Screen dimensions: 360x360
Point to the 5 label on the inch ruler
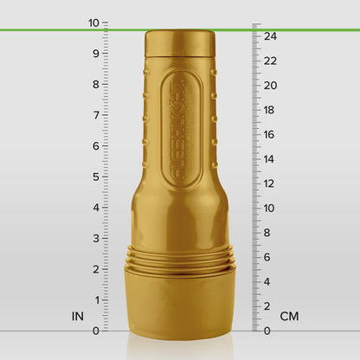95,177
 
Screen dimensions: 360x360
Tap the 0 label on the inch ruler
95,331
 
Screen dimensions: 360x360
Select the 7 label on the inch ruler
95,115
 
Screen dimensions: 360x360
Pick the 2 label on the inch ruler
95,269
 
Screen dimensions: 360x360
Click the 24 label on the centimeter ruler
270,36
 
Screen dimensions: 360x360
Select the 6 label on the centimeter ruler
267,257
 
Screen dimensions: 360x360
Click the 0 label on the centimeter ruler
267,331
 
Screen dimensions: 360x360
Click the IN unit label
78,317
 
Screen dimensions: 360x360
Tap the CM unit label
289,317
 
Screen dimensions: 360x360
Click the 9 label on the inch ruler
95,53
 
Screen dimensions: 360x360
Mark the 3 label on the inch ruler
95,238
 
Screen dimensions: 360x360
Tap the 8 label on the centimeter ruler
267,233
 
